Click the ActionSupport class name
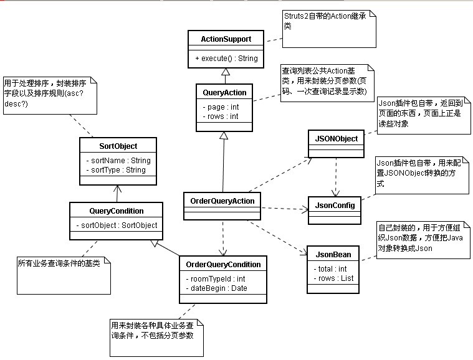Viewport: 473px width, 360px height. point(226,39)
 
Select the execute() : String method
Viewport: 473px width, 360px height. point(226,58)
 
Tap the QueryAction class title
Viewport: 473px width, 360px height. point(224,92)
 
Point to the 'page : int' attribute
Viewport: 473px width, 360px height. point(221,107)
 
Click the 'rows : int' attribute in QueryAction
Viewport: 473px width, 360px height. point(221,116)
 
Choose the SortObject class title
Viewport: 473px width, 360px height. point(118,146)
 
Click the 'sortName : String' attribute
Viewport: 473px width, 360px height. point(118,160)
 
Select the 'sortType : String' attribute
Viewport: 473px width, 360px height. point(117,169)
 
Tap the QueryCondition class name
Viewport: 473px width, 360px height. point(117,211)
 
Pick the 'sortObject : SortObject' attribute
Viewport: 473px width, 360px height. point(117,225)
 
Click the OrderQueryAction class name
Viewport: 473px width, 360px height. point(221,201)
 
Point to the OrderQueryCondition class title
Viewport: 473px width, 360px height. point(223,265)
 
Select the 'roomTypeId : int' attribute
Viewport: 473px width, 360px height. point(216,278)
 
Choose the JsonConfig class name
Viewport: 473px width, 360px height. point(335,204)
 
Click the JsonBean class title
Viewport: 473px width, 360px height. point(333,254)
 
